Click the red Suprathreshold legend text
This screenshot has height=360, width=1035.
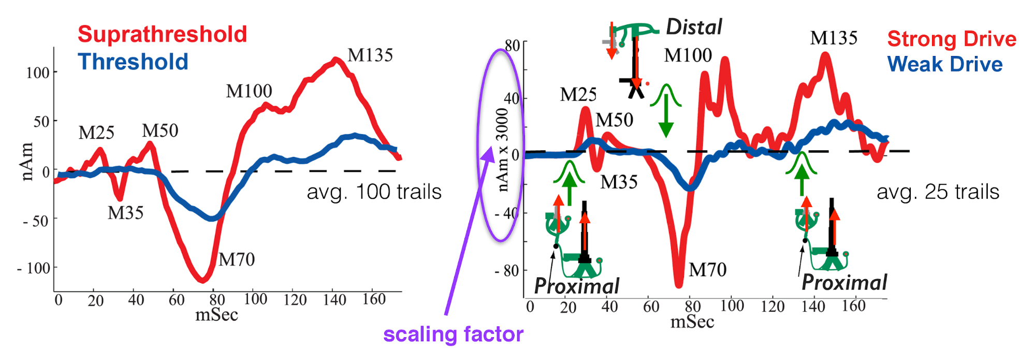pos(162,35)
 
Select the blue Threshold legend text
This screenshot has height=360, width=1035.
pos(133,62)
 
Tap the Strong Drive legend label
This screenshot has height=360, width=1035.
pos(952,39)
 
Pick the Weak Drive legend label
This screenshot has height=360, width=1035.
pos(945,64)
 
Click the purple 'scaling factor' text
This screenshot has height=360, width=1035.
pos(453,334)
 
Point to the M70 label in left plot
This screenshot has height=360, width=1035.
pos(237,259)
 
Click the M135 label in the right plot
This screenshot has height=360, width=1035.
pos(834,38)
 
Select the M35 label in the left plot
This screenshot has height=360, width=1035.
pos(125,212)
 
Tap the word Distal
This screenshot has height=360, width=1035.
pos(694,27)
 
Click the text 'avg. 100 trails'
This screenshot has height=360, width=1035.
pos(374,192)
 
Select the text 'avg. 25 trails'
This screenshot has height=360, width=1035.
pos(938,192)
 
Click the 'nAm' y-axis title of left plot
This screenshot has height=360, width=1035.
pos(27,162)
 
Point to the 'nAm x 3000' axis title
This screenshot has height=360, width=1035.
pos(502,150)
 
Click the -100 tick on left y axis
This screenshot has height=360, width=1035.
pos(34,268)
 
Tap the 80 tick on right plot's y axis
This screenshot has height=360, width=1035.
pos(512,45)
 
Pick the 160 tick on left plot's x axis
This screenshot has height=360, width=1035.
pos(374,299)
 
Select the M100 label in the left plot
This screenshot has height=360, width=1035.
pos(249,91)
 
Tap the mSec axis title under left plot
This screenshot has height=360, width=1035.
pos(216,315)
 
